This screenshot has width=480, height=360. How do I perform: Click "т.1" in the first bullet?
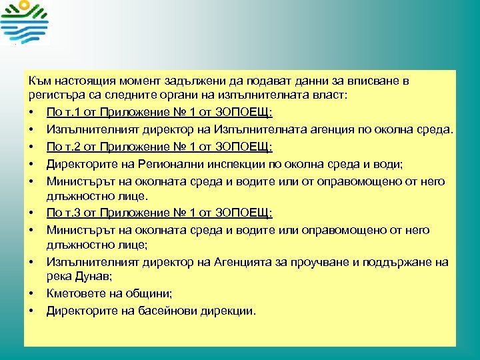click(x=71, y=111)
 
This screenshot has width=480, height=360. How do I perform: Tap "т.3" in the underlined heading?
click(x=71, y=213)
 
